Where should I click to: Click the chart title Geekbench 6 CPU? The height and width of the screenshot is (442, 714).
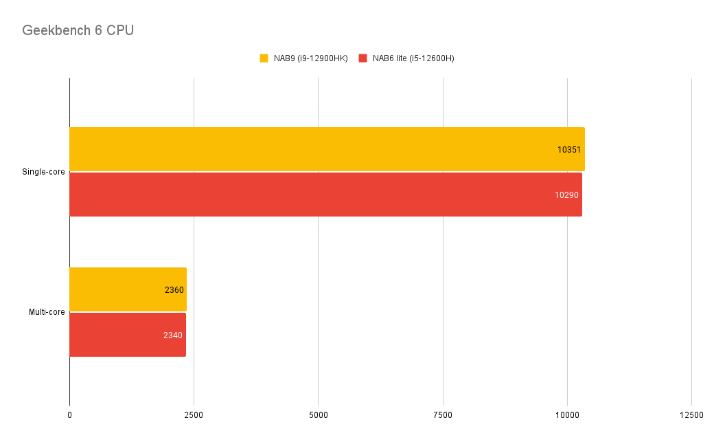point(78,31)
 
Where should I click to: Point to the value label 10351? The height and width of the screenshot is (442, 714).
point(570,149)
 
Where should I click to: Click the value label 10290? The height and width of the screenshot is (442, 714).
point(567,195)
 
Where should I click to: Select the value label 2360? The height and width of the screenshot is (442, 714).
point(174,290)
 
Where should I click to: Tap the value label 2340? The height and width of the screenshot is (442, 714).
point(173,335)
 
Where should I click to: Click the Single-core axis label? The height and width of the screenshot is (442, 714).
point(43,172)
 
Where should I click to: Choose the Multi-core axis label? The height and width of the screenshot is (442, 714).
point(47,312)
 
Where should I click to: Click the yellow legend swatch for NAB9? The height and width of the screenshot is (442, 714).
point(264,58)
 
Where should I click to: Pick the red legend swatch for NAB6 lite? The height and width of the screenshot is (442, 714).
point(362,58)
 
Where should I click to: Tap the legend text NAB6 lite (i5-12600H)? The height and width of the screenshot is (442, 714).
point(413,58)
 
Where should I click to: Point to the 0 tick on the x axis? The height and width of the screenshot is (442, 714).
point(69,415)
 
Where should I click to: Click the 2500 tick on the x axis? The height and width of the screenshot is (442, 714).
point(194,415)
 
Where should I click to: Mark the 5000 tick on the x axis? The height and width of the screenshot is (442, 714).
point(318,415)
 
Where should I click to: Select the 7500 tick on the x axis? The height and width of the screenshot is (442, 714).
point(443,415)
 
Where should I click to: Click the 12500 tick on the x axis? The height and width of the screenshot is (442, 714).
point(691,415)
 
